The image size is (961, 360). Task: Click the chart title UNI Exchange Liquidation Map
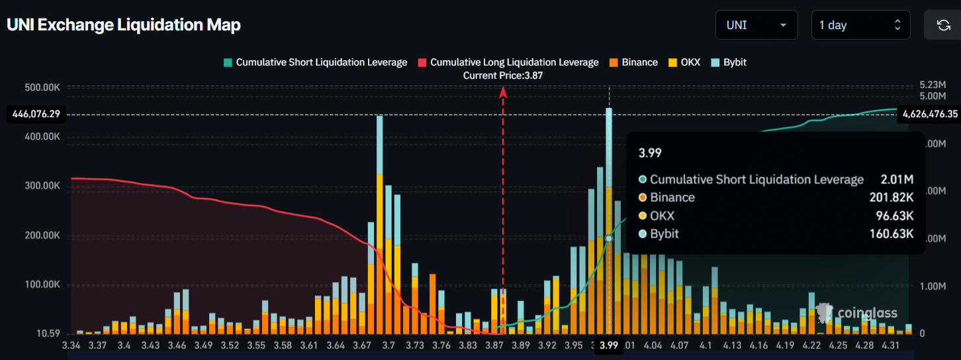tap(124, 25)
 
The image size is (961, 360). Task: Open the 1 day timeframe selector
tap(860, 25)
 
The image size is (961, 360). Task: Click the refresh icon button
tap(943, 25)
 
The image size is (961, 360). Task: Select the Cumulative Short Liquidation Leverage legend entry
tap(316, 62)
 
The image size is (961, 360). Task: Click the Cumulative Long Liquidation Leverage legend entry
tap(508, 62)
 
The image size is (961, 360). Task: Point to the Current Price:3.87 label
tap(503, 75)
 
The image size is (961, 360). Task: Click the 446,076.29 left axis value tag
tap(36, 114)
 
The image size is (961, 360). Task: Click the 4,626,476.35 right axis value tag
tap(928, 114)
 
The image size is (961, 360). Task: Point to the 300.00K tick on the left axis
tap(42, 186)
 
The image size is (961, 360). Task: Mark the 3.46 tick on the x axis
tap(177, 345)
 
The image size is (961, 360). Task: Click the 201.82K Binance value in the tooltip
tap(892, 197)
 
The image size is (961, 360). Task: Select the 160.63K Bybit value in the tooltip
tap(892, 234)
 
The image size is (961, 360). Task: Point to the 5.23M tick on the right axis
tap(933, 85)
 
